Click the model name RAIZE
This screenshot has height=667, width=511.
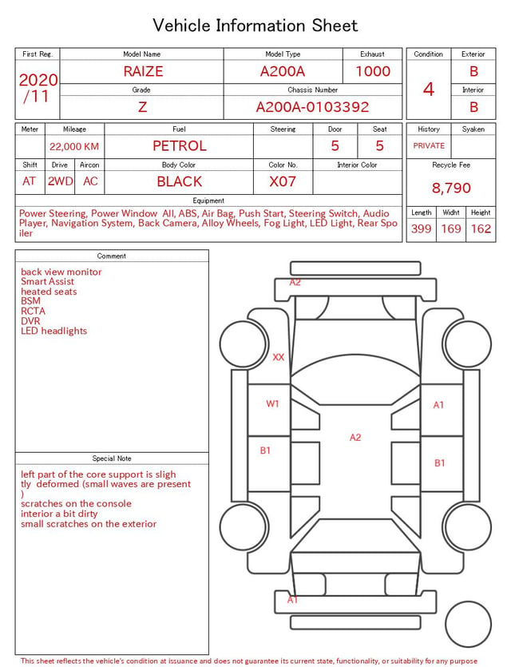point(143,71)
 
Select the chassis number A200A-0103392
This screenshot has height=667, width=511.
point(312,107)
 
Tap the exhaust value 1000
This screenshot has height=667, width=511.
point(373,71)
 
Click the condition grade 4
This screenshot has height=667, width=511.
point(429,89)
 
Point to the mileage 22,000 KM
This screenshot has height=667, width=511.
point(74,147)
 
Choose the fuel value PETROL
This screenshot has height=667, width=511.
point(180,146)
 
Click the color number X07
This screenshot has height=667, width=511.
point(283,181)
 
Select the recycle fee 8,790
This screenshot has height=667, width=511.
point(451,188)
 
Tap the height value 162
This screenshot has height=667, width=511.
point(481,228)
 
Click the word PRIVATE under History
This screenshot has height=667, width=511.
point(429,145)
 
